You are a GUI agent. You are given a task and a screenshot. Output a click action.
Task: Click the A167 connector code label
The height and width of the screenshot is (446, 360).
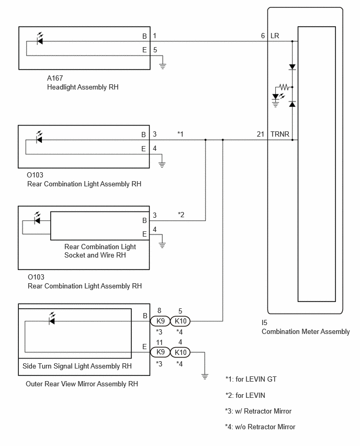click(55, 78)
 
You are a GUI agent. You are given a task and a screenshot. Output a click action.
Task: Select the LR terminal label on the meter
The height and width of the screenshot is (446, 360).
click(275, 36)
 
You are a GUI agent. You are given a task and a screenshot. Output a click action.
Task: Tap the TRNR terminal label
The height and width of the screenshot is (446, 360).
click(280, 134)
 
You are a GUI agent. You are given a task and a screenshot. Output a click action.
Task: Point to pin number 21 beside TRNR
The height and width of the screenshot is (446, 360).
click(261, 134)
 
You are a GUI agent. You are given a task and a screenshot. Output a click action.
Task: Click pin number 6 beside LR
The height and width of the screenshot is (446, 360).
click(263, 36)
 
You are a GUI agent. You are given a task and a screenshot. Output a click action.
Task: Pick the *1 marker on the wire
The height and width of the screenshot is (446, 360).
click(181, 134)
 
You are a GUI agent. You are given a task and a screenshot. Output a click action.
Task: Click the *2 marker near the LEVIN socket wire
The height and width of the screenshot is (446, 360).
click(181, 215)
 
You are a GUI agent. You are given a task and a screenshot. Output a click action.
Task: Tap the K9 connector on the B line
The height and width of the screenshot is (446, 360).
click(160, 321)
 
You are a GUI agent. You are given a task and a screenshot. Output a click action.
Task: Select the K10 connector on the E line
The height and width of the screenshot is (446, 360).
click(181, 352)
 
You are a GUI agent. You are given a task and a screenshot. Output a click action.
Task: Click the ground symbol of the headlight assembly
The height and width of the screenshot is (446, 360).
click(162, 66)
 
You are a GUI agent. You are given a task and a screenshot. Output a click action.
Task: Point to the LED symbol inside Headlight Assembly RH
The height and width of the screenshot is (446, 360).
click(40, 39)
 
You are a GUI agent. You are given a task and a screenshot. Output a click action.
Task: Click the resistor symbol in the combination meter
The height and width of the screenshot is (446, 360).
click(284, 87)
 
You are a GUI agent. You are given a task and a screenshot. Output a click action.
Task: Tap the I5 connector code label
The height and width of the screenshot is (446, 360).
click(264, 322)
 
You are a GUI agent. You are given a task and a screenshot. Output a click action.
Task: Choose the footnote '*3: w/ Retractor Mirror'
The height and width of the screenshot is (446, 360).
click(258, 411)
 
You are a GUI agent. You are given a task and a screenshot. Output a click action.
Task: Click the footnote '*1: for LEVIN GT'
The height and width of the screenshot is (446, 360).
click(251, 379)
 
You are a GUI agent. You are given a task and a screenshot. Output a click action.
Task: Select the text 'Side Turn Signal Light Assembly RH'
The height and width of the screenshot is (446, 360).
click(77, 366)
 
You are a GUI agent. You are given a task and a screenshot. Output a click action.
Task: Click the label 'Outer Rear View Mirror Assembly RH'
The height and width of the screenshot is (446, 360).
click(82, 384)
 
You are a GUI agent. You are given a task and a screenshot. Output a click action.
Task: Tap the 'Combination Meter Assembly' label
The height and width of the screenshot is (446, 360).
click(306, 332)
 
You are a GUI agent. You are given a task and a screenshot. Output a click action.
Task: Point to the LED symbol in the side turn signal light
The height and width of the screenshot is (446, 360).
click(52, 319)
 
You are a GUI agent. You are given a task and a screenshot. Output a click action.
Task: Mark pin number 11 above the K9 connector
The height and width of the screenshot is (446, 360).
click(159, 342)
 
